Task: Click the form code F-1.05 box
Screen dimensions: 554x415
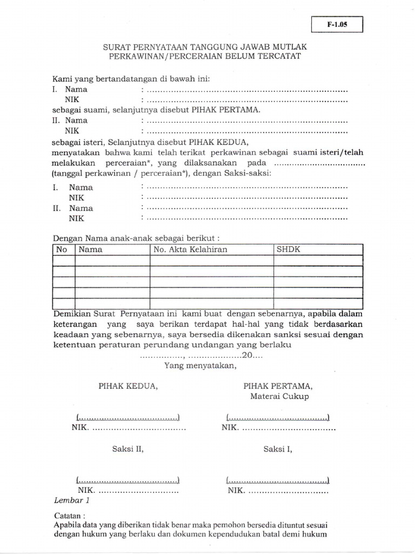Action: [x=337, y=25]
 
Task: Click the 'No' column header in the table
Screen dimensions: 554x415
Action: [x=62, y=249]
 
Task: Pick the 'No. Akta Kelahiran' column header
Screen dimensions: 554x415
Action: [x=190, y=249]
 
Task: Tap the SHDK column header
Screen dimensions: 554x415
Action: [x=288, y=249]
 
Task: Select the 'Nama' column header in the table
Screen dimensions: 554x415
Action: [x=91, y=249]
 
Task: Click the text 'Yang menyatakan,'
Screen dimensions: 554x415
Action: [x=200, y=366]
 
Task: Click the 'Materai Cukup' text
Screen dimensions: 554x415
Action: [x=279, y=397]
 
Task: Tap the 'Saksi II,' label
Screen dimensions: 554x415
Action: [x=128, y=449]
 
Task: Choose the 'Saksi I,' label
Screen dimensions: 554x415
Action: [x=278, y=449]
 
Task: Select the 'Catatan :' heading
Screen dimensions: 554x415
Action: [x=70, y=516]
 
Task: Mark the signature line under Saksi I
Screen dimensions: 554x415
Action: [x=278, y=480]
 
